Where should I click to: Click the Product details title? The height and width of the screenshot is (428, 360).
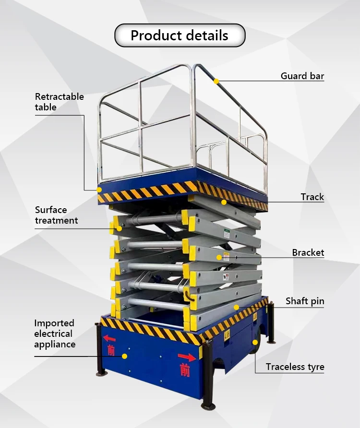pyautogui.click(x=180, y=36)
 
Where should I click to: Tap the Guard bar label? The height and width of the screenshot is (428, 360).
pyautogui.click(x=302, y=76)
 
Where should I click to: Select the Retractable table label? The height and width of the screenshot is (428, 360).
pyautogui.click(x=59, y=102)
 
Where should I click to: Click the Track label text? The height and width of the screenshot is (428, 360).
pyautogui.click(x=312, y=197)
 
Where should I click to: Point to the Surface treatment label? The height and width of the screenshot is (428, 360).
pyautogui.click(x=56, y=215)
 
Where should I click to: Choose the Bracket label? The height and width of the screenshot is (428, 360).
pyautogui.click(x=308, y=252)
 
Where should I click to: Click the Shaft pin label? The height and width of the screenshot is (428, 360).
pyautogui.click(x=305, y=301)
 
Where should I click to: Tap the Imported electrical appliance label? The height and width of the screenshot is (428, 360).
pyautogui.click(x=55, y=333)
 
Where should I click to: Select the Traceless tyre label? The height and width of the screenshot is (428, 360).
pyautogui.click(x=295, y=367)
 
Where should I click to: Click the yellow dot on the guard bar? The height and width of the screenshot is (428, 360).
pyautogui.click(x=216, y=82)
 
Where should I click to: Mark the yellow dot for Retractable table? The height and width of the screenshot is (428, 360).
pyautogui.click(x=100, y=190)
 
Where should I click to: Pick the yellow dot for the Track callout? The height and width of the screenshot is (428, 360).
pyautogui.click(x=224, y=202)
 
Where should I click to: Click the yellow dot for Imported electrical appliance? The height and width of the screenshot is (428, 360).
pyautogui.click(x=124, y=356)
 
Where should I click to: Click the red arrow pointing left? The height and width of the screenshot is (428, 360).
pyautogui.click(x=109, y=338)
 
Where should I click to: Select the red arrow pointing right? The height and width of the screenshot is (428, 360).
pyautogui.click(x=187, y=357)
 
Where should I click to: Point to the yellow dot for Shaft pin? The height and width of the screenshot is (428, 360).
pyautogui.click(x=236, y=307)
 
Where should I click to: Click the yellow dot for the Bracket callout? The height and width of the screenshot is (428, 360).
pyautogui.click(x=219, y=258)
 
